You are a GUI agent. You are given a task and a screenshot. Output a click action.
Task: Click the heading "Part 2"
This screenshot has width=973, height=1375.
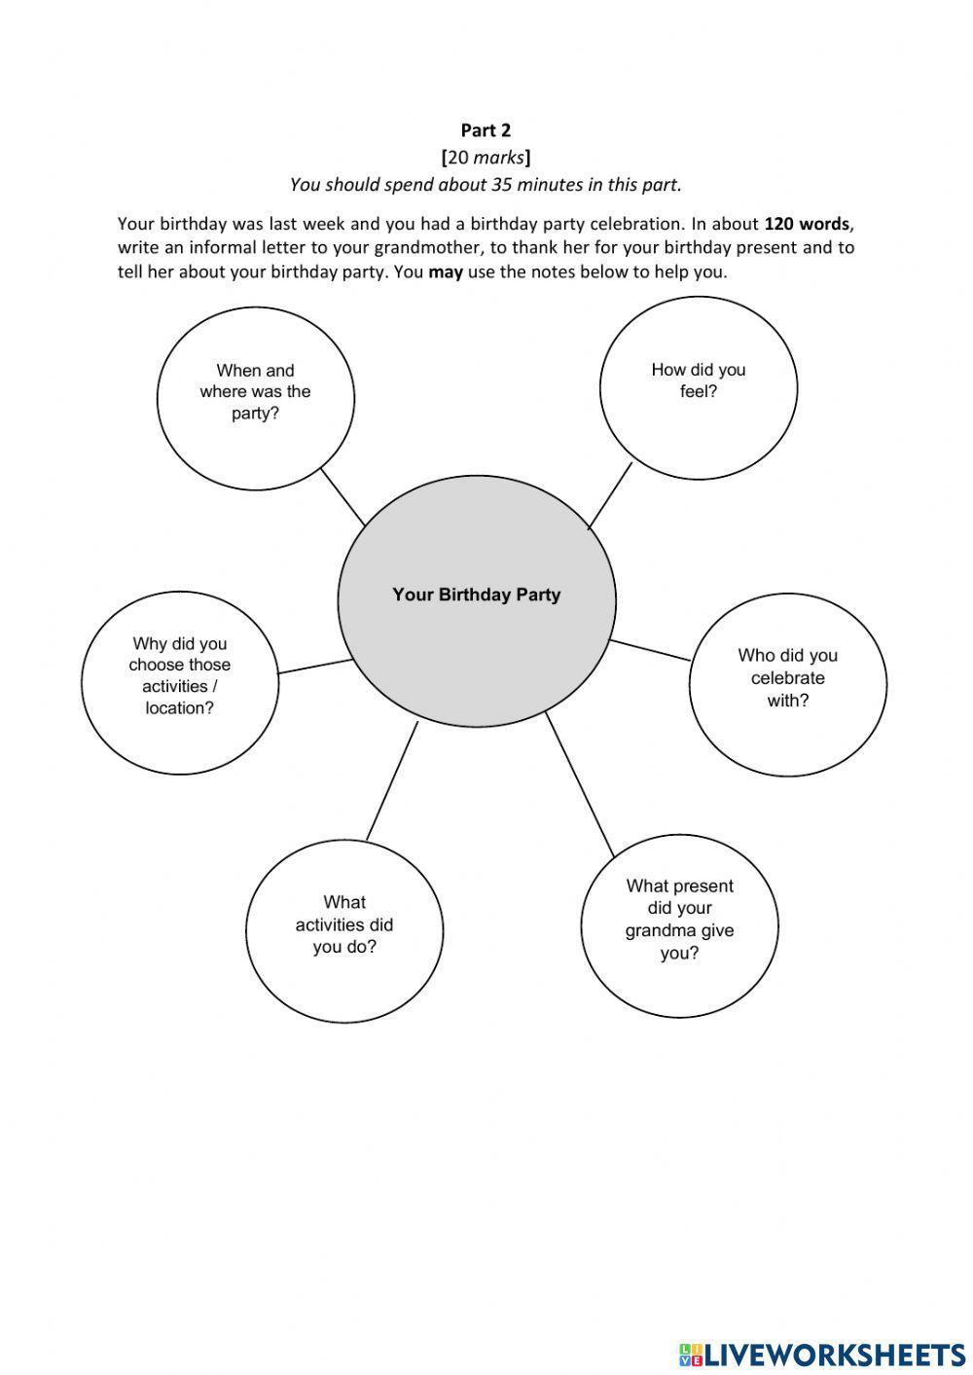click(x=486, y=130)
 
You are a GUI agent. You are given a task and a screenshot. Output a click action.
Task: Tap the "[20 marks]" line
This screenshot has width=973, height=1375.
click(x=486, y=157)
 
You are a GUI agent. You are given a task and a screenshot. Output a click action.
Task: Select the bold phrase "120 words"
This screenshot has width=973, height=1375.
click(x=807, y=223)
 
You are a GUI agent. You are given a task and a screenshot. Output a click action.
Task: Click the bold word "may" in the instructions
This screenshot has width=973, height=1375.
click(x=446, y=271)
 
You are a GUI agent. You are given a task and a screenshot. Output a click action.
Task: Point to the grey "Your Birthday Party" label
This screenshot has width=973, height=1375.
click(x=477, y=595)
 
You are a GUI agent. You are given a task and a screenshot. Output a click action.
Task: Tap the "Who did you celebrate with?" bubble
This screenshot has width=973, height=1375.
click(x=788, y=678)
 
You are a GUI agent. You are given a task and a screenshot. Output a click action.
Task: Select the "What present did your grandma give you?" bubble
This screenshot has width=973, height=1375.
click(x=679, y=920)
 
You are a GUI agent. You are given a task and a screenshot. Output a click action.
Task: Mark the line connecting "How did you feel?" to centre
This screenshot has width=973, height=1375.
click(x=610, y=495)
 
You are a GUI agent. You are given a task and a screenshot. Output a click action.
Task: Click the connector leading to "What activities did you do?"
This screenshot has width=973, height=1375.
click(x=391, y=780)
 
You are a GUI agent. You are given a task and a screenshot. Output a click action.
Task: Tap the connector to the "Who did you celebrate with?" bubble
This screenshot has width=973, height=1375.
click(x=650, y=650)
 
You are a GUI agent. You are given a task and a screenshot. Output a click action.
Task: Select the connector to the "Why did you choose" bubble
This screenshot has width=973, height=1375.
click(x=315, y=667)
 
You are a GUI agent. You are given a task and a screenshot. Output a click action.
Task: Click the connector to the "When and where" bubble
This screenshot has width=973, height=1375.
click(x=342, y=497)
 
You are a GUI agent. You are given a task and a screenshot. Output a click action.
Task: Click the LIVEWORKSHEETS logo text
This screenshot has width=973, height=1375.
click(x=833, y=1354)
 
